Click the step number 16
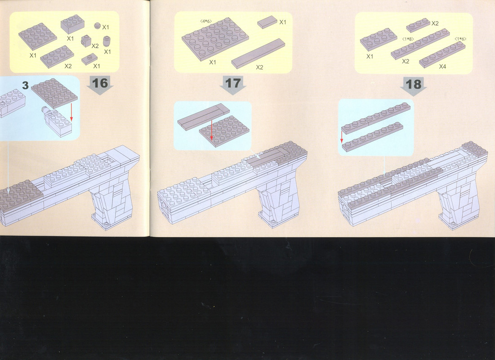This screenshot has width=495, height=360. click(x=100, y=83)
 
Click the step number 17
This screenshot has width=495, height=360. click(x=233, y=83)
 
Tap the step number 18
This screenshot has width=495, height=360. click(x=413, y=85)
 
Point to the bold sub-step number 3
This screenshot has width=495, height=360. click(x=26, y=85)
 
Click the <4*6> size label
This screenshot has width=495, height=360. click(x=206, y=21)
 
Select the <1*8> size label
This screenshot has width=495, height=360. click(x=408, y=39)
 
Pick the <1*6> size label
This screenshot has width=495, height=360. click(x=460, y=39)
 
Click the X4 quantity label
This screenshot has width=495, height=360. click(x=442, y=66)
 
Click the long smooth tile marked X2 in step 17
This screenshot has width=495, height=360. click(x=258, y=54)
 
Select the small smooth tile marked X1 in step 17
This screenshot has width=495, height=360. click(x=267, y=22)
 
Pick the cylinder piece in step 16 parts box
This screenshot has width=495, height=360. click(x=107, y=41)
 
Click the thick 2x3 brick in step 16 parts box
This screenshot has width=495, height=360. click(x=72, y=24)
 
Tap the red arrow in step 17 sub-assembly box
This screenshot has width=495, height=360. click(x=211, y=130)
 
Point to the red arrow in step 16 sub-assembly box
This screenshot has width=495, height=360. click(x=71, y=112)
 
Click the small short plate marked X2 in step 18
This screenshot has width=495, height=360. click(x=418, y=25)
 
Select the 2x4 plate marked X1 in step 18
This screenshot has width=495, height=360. click(x=379, y=39)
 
